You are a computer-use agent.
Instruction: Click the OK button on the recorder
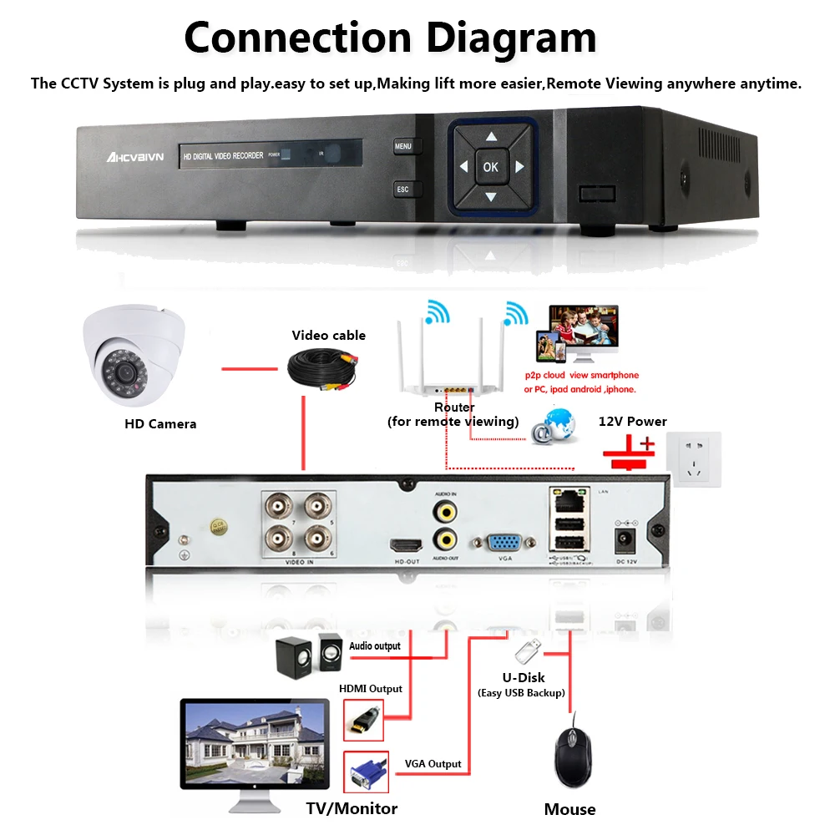(490, 167)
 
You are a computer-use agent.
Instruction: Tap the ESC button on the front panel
(403, 190)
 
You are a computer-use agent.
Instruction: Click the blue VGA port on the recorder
(504, 544)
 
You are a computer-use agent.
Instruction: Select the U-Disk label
(523, 677)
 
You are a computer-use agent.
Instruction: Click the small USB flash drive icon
(526, 650)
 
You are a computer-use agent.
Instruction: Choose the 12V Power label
(632, 421)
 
